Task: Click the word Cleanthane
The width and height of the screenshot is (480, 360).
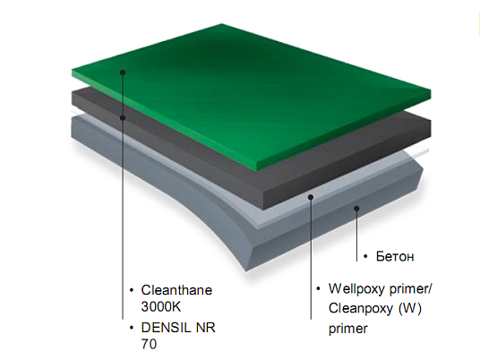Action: [176, 290]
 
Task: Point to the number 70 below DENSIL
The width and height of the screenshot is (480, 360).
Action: [149, 344]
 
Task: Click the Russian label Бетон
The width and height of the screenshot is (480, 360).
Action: [395, 256]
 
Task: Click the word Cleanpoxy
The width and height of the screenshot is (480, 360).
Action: [360, 309]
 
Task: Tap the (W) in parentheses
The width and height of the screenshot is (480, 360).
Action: [410, 308]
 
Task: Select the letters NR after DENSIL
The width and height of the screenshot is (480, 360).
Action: [205, 328]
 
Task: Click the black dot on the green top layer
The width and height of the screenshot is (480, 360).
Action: [123, 73]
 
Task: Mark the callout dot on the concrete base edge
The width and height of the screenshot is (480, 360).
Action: [356, 209]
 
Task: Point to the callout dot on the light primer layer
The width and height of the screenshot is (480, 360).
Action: [311, 197]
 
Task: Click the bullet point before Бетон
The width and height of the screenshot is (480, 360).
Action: [365, 256]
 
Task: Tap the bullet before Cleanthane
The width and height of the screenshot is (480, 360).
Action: [132, 289]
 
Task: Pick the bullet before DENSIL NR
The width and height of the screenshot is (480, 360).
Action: [132, 328]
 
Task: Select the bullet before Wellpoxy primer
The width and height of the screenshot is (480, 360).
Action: [319, 288]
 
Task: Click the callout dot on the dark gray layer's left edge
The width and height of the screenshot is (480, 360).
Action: [123, 117]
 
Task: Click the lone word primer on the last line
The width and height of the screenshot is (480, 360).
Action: [348, 329]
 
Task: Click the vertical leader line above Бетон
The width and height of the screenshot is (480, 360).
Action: [356, 236]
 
